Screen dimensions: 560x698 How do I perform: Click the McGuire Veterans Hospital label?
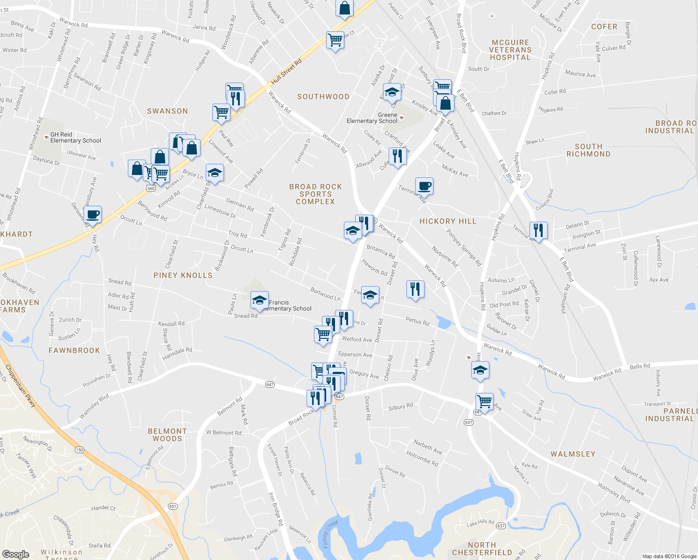510,50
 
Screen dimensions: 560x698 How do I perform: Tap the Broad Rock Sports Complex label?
315,194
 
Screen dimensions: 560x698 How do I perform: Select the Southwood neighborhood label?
323,97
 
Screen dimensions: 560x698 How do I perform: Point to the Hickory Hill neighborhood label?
447,221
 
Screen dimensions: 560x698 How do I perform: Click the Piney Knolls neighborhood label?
183,275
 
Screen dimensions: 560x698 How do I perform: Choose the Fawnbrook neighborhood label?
74,350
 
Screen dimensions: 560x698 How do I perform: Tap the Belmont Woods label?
167,435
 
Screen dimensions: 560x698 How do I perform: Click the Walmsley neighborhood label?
573,454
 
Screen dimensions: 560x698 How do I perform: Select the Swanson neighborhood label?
167,111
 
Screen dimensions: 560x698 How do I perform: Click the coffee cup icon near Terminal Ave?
424,186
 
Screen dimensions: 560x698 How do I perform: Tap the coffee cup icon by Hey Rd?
93,215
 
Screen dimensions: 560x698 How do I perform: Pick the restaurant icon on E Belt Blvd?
538,230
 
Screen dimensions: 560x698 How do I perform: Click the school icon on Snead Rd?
259,301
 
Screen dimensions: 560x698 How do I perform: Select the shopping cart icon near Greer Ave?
485,401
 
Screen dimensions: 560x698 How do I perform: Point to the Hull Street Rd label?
286,72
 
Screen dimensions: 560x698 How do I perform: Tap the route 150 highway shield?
79,450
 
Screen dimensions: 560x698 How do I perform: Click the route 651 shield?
173,506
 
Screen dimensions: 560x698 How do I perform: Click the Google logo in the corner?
16,554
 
